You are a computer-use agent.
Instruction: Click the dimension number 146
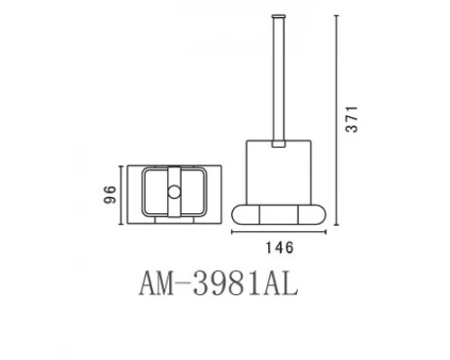[278, 247]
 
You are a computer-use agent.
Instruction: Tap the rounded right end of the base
[314, 213]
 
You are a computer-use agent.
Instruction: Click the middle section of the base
[278, 213]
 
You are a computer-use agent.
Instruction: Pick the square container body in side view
[278, 171]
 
